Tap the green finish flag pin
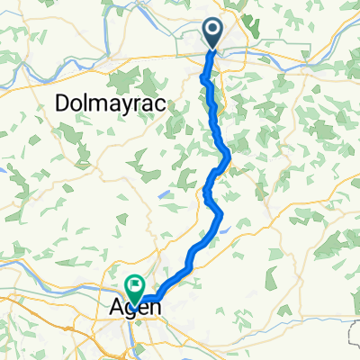point(135,288)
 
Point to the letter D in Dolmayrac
point(63,103)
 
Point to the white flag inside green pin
point(135,286)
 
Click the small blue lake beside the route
point(223,229)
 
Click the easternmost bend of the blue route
point(230,159)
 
